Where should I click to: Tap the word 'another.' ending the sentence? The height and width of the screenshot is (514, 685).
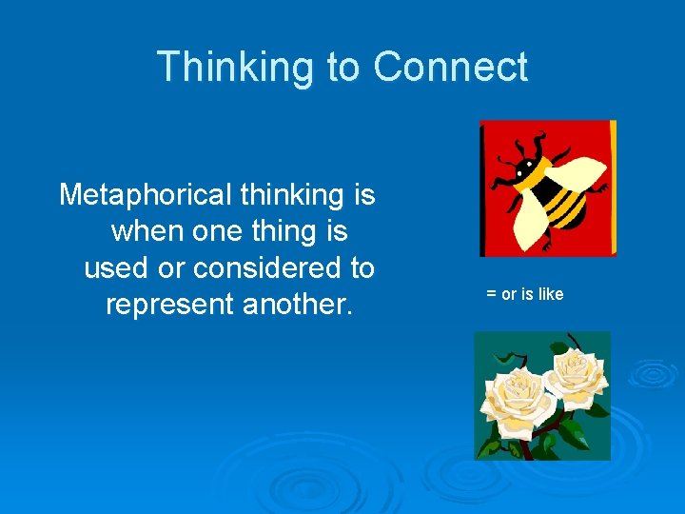307,305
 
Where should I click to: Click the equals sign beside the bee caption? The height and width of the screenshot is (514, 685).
491,294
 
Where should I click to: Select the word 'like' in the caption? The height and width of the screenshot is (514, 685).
550,294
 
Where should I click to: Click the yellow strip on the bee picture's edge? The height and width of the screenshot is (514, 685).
612,186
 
